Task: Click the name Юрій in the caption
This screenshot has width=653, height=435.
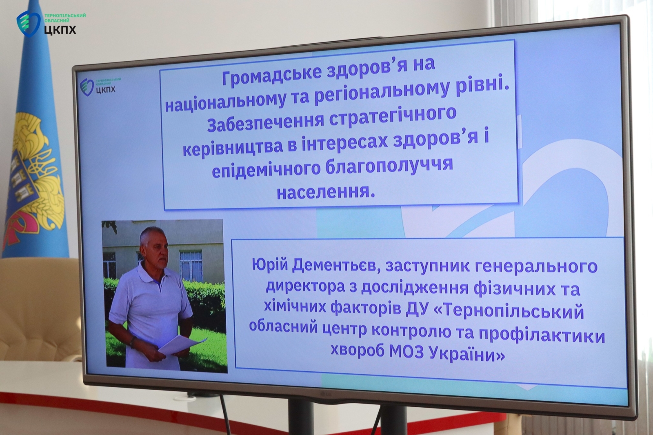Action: click(270, 266)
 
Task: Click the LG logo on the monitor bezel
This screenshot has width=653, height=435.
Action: click(327, 394)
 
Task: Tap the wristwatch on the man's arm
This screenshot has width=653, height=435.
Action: click(133, 341)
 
